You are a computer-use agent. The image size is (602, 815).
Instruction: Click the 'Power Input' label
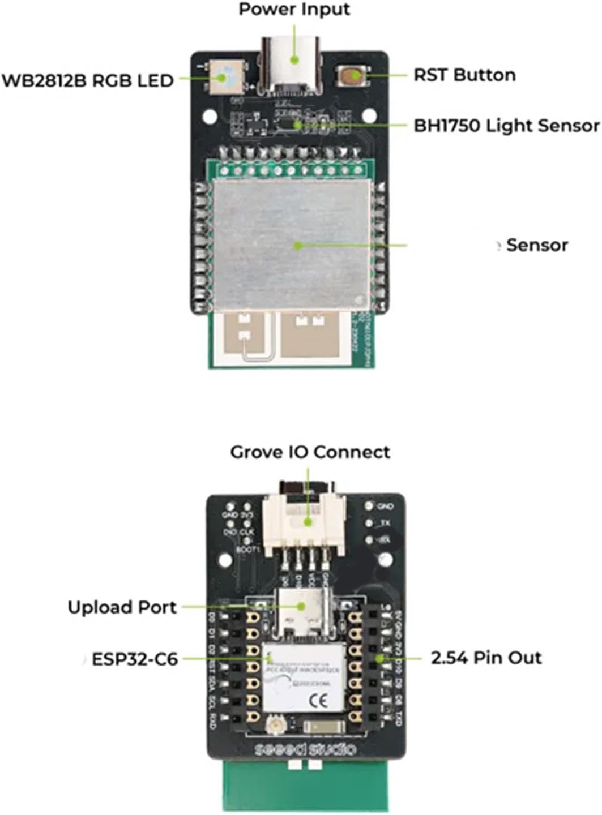click(294, 10)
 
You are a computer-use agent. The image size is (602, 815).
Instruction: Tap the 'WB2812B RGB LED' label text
click(87, 80)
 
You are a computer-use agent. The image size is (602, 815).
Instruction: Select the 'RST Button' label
click(464, 75)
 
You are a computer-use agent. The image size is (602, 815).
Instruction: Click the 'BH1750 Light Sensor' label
click(506, 125)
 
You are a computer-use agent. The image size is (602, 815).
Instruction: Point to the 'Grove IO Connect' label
click(310, 452)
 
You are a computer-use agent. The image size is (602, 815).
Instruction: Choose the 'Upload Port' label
click(122, 607)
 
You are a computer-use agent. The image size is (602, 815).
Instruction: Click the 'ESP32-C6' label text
click(135, 659)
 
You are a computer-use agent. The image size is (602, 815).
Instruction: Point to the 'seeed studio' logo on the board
click(305, 749)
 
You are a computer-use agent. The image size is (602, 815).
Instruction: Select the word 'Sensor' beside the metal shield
click(537, 244)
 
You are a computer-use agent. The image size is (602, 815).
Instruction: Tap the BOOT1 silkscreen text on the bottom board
click(247, 548)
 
